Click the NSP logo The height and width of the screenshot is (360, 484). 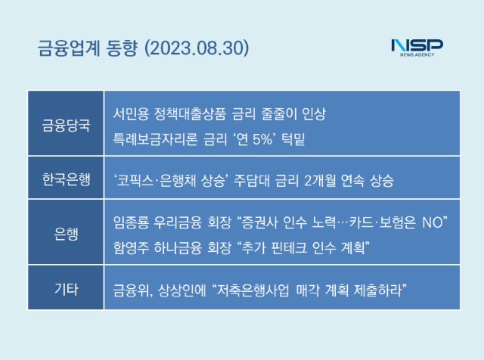point(417,48)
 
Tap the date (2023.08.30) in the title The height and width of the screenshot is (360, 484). point(197,48)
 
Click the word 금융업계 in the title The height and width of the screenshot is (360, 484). point(69,48)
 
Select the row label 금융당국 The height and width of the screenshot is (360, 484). point(66,126)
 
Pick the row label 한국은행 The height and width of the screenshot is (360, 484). point(66,179)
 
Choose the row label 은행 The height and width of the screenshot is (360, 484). point(66,234)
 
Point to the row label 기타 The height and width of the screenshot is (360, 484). point(66,290)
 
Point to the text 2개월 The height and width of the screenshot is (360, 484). point(320,181)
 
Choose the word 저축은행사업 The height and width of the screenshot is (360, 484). point(253,290)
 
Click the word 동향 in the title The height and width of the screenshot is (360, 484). point(121,48)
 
